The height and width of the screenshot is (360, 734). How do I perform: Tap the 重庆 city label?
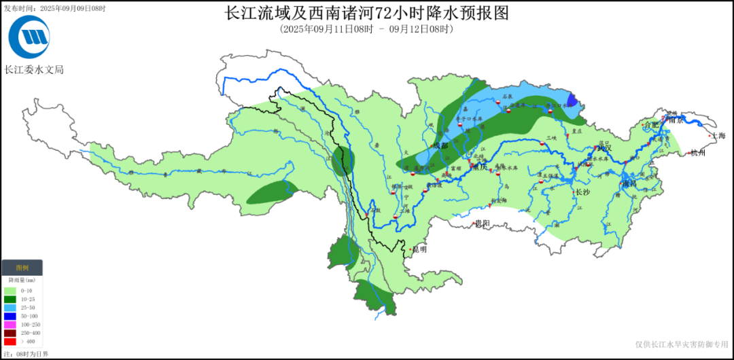[480, 168]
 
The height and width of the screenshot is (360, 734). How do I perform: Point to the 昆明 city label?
[419, 249]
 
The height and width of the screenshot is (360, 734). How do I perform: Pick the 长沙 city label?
[582, 192]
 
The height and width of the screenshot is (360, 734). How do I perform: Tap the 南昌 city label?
[630, 184]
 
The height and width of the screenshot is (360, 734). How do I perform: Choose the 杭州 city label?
[697, 153]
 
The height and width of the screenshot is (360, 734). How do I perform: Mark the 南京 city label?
[675, 120]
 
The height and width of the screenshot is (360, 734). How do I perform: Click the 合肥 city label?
[651, 125]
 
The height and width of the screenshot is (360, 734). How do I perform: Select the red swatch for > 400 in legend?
[10, 342]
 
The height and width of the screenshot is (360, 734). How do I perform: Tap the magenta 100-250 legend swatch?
[10, 325]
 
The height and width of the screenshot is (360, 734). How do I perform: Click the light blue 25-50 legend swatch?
[10, 308]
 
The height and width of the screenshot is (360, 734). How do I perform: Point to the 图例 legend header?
[22, 268]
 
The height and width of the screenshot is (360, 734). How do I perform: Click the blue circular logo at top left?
[29, 37]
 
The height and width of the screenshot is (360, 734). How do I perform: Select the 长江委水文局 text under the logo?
[34, 69]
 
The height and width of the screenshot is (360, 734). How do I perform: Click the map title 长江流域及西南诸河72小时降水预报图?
[366, 13]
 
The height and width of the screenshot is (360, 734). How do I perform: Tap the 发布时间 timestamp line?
[54, 8]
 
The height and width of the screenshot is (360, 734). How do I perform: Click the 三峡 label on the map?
[551, 138]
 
